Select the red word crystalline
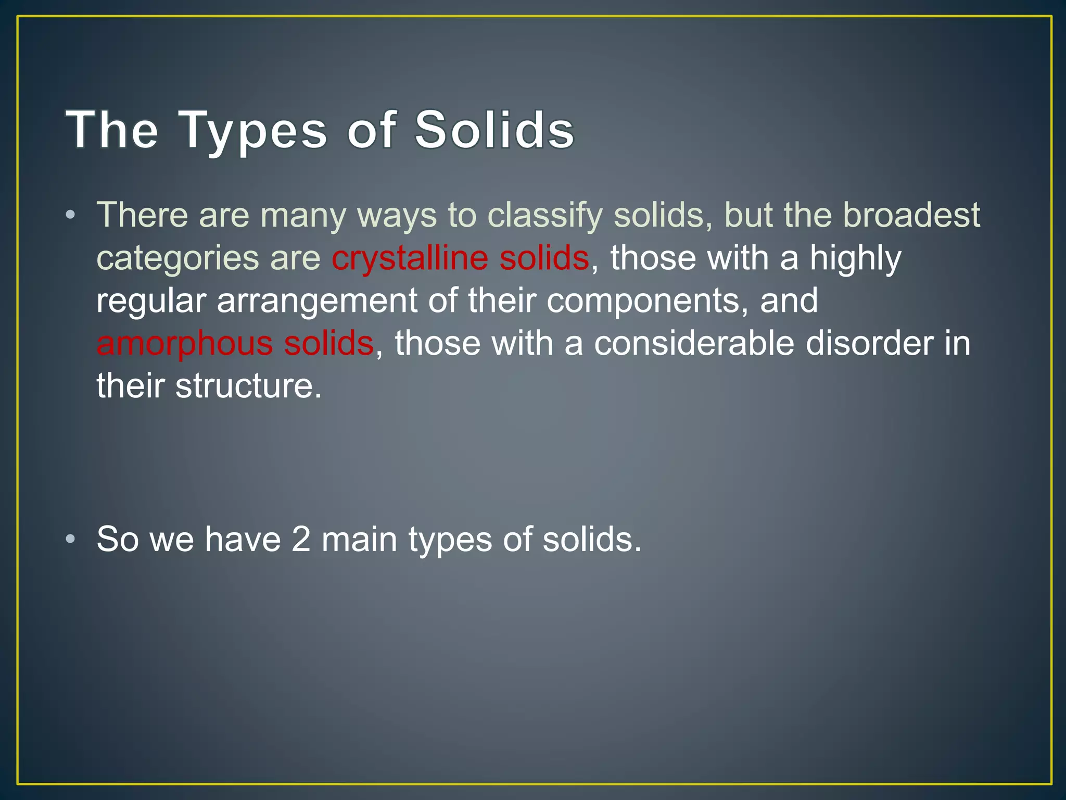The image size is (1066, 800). [x=410, y=258]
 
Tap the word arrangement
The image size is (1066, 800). [x=316, y=302]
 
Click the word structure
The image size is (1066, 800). [x=248, y=386]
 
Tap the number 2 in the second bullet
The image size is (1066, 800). [x=301, y=539]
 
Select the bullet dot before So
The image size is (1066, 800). [x=71, y=539]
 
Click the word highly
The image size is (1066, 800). [x=855, y=259]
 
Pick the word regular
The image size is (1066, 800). [x=151, y=302]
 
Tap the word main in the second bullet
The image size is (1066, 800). [x=359, y=539]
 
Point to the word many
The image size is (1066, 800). [x=303, y=216]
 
